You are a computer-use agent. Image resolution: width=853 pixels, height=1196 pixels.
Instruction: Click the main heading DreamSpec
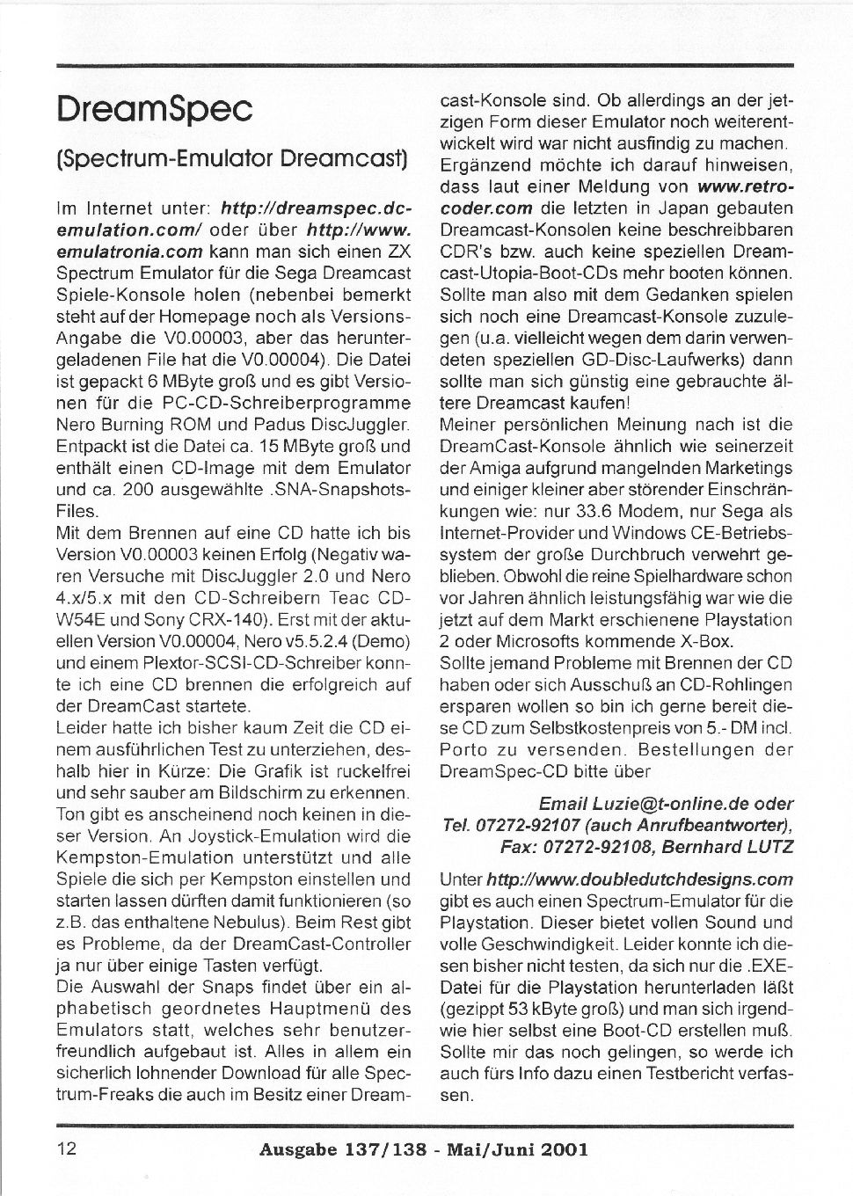coord(155,109)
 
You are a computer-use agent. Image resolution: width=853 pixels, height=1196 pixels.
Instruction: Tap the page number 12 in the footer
coord(67,1148)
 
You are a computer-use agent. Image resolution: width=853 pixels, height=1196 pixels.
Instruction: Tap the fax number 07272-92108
coord(579,847)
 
